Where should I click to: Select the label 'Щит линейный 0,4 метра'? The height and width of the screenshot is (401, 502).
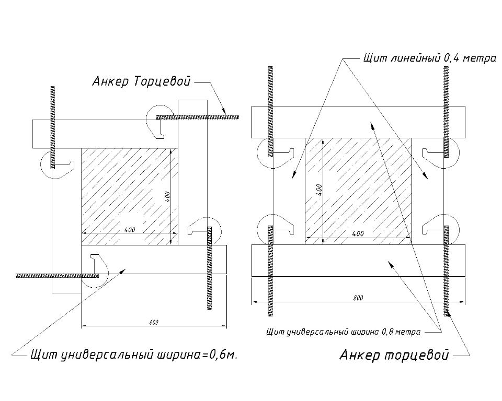429,58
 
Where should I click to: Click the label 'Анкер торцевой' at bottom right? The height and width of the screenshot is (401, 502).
394,356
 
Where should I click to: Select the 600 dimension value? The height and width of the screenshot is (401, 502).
153,322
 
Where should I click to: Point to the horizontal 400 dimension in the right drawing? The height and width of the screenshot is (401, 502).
358,234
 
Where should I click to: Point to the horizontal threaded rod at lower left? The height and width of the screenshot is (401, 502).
58,275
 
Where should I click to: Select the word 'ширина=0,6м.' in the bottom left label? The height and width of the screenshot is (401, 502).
202,356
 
